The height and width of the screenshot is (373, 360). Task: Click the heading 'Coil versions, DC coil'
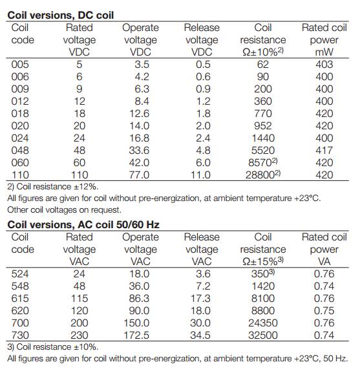tap(60, 16)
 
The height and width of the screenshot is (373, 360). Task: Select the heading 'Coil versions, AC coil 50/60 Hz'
tap(83, 225)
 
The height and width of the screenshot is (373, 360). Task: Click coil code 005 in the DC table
tap(20, 65)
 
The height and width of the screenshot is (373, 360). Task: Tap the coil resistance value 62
tap(263, 65)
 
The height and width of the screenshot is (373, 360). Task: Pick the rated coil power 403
tap(324, 65)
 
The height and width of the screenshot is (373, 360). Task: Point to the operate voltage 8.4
tap(142, 101)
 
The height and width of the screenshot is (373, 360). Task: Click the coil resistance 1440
tap(263, 138)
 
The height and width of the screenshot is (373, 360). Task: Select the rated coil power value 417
tap(324, 151)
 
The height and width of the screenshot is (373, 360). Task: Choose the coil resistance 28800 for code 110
tap(263, 175)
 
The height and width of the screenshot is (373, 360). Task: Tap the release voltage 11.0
tap(200, 175)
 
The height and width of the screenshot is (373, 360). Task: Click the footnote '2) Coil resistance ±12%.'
tap(53, 187)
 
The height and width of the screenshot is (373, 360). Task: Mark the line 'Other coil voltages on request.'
tap(64, 210)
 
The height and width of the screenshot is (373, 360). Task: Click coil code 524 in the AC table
tap(20, 274)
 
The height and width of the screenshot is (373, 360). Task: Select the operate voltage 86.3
tap(139, 299)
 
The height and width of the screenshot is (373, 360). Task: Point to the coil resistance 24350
tap(263, 323)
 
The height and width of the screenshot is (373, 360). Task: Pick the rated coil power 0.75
tap(324, 311)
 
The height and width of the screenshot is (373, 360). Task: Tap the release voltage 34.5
tap(200, 336)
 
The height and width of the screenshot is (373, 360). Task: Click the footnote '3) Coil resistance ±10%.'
tap(53, 347)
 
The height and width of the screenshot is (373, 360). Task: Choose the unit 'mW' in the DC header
tap(324, 52)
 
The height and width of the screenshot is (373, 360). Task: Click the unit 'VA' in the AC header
tap(324, 262)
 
